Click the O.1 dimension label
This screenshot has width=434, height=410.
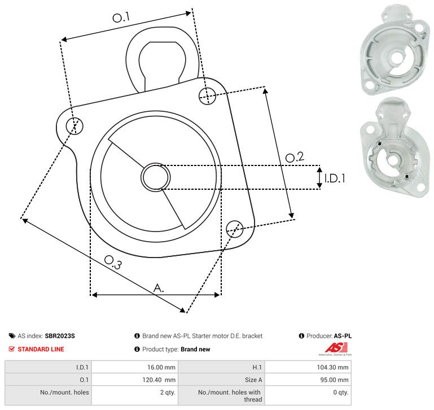[121, 18]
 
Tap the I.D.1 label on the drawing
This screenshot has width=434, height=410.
[334, 178]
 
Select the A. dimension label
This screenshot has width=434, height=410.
[159, 288]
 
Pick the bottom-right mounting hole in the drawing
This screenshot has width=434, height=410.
[235, 229]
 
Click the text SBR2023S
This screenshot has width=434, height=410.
[59, 336]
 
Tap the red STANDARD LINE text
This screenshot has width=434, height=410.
[41, 349]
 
